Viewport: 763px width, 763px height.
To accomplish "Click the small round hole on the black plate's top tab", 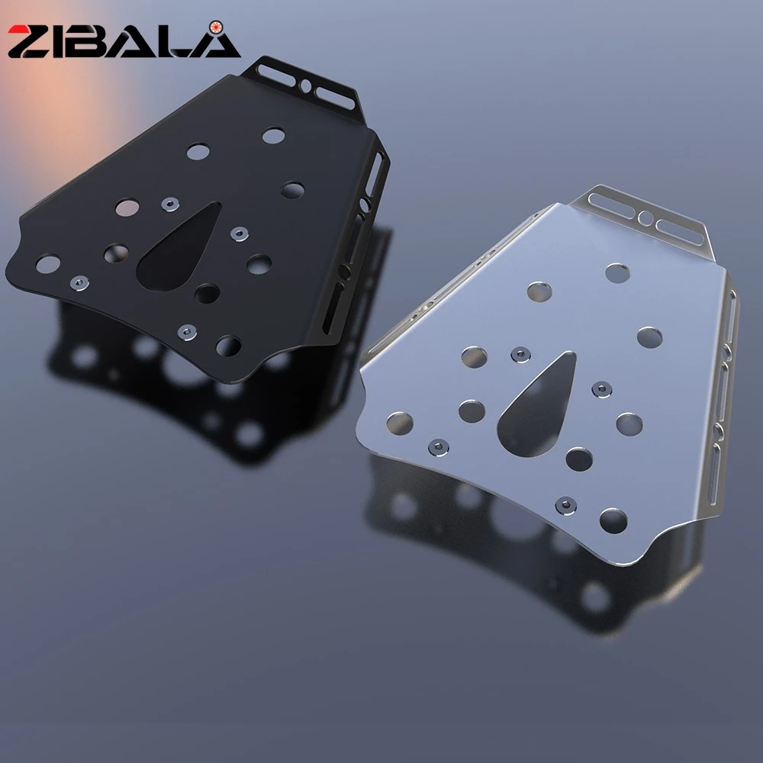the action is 306,85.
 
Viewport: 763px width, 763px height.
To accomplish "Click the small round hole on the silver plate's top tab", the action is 645,217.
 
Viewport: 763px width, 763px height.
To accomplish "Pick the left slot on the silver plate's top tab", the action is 612,204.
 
